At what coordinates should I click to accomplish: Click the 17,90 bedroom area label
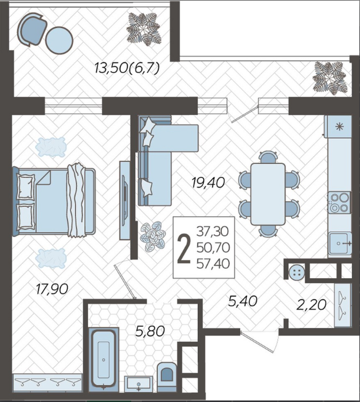click(52, 289)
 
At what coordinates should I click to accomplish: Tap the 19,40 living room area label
click(208, 183)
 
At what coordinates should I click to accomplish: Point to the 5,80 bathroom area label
click(150, 332)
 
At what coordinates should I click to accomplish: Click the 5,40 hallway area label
click(243, 301)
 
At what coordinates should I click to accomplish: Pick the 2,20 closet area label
click(311, 305)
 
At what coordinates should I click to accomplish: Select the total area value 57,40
click(213, 264)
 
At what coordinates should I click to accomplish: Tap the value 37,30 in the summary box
click(212, 231)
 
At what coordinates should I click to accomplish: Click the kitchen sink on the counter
click(340, 243)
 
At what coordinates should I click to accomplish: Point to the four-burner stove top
click(340, 202)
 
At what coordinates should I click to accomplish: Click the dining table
click(268, 194)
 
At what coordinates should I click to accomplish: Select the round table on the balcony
click(59, 40)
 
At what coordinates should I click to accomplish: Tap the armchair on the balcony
click(32, 29)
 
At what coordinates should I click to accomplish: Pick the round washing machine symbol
click(297, 273)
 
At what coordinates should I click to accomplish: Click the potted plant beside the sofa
click(153, 236)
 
